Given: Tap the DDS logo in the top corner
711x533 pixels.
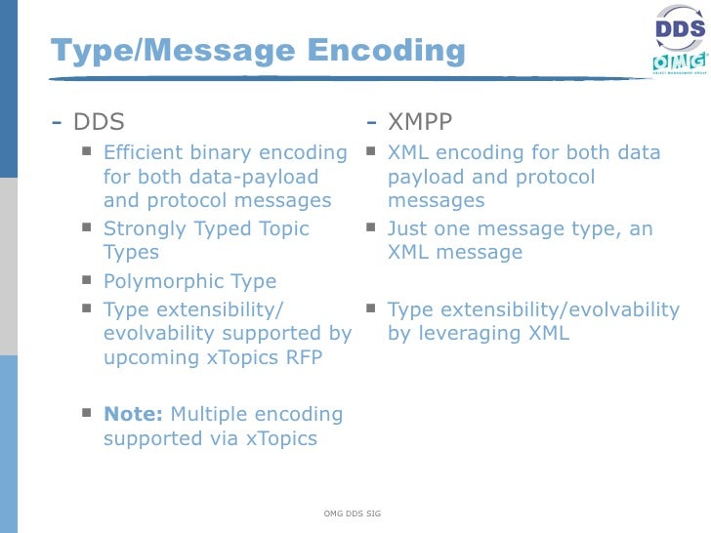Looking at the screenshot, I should (679, 29).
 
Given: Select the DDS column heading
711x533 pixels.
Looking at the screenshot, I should (99, 122).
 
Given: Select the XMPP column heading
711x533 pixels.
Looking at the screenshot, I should (420, 122).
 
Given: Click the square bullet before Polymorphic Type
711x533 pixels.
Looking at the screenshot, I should (87, 280).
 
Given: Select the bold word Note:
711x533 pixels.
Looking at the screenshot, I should (133, 414).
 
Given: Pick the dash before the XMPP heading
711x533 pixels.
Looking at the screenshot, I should (372, 123).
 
